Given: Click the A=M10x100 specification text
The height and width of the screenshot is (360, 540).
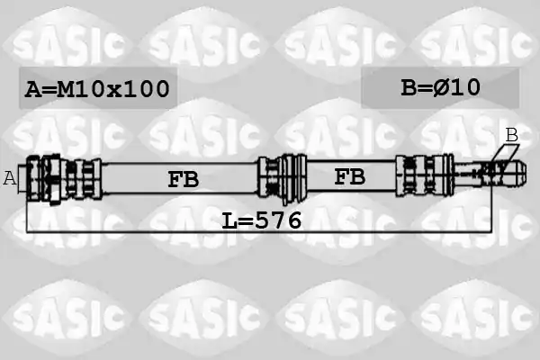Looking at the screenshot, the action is click(x=97, y=89).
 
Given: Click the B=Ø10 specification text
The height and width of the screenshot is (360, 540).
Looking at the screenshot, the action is click(x=440, y=87).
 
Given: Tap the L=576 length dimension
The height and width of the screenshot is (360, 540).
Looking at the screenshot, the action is click(x=262, y=220).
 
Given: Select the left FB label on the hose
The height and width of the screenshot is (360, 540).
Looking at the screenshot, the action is click(x=184, y=179).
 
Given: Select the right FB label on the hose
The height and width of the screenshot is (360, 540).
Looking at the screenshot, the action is click(x=349, y=177).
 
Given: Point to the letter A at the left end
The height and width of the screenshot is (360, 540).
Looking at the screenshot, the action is click(x=10, y=178).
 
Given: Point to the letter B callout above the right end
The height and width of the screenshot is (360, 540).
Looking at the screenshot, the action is click(x=512, y=135).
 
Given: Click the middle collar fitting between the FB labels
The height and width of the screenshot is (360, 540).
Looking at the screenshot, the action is click(x=283, y=178).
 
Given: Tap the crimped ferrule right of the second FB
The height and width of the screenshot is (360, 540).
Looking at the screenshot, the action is click(x=424, y=175).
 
